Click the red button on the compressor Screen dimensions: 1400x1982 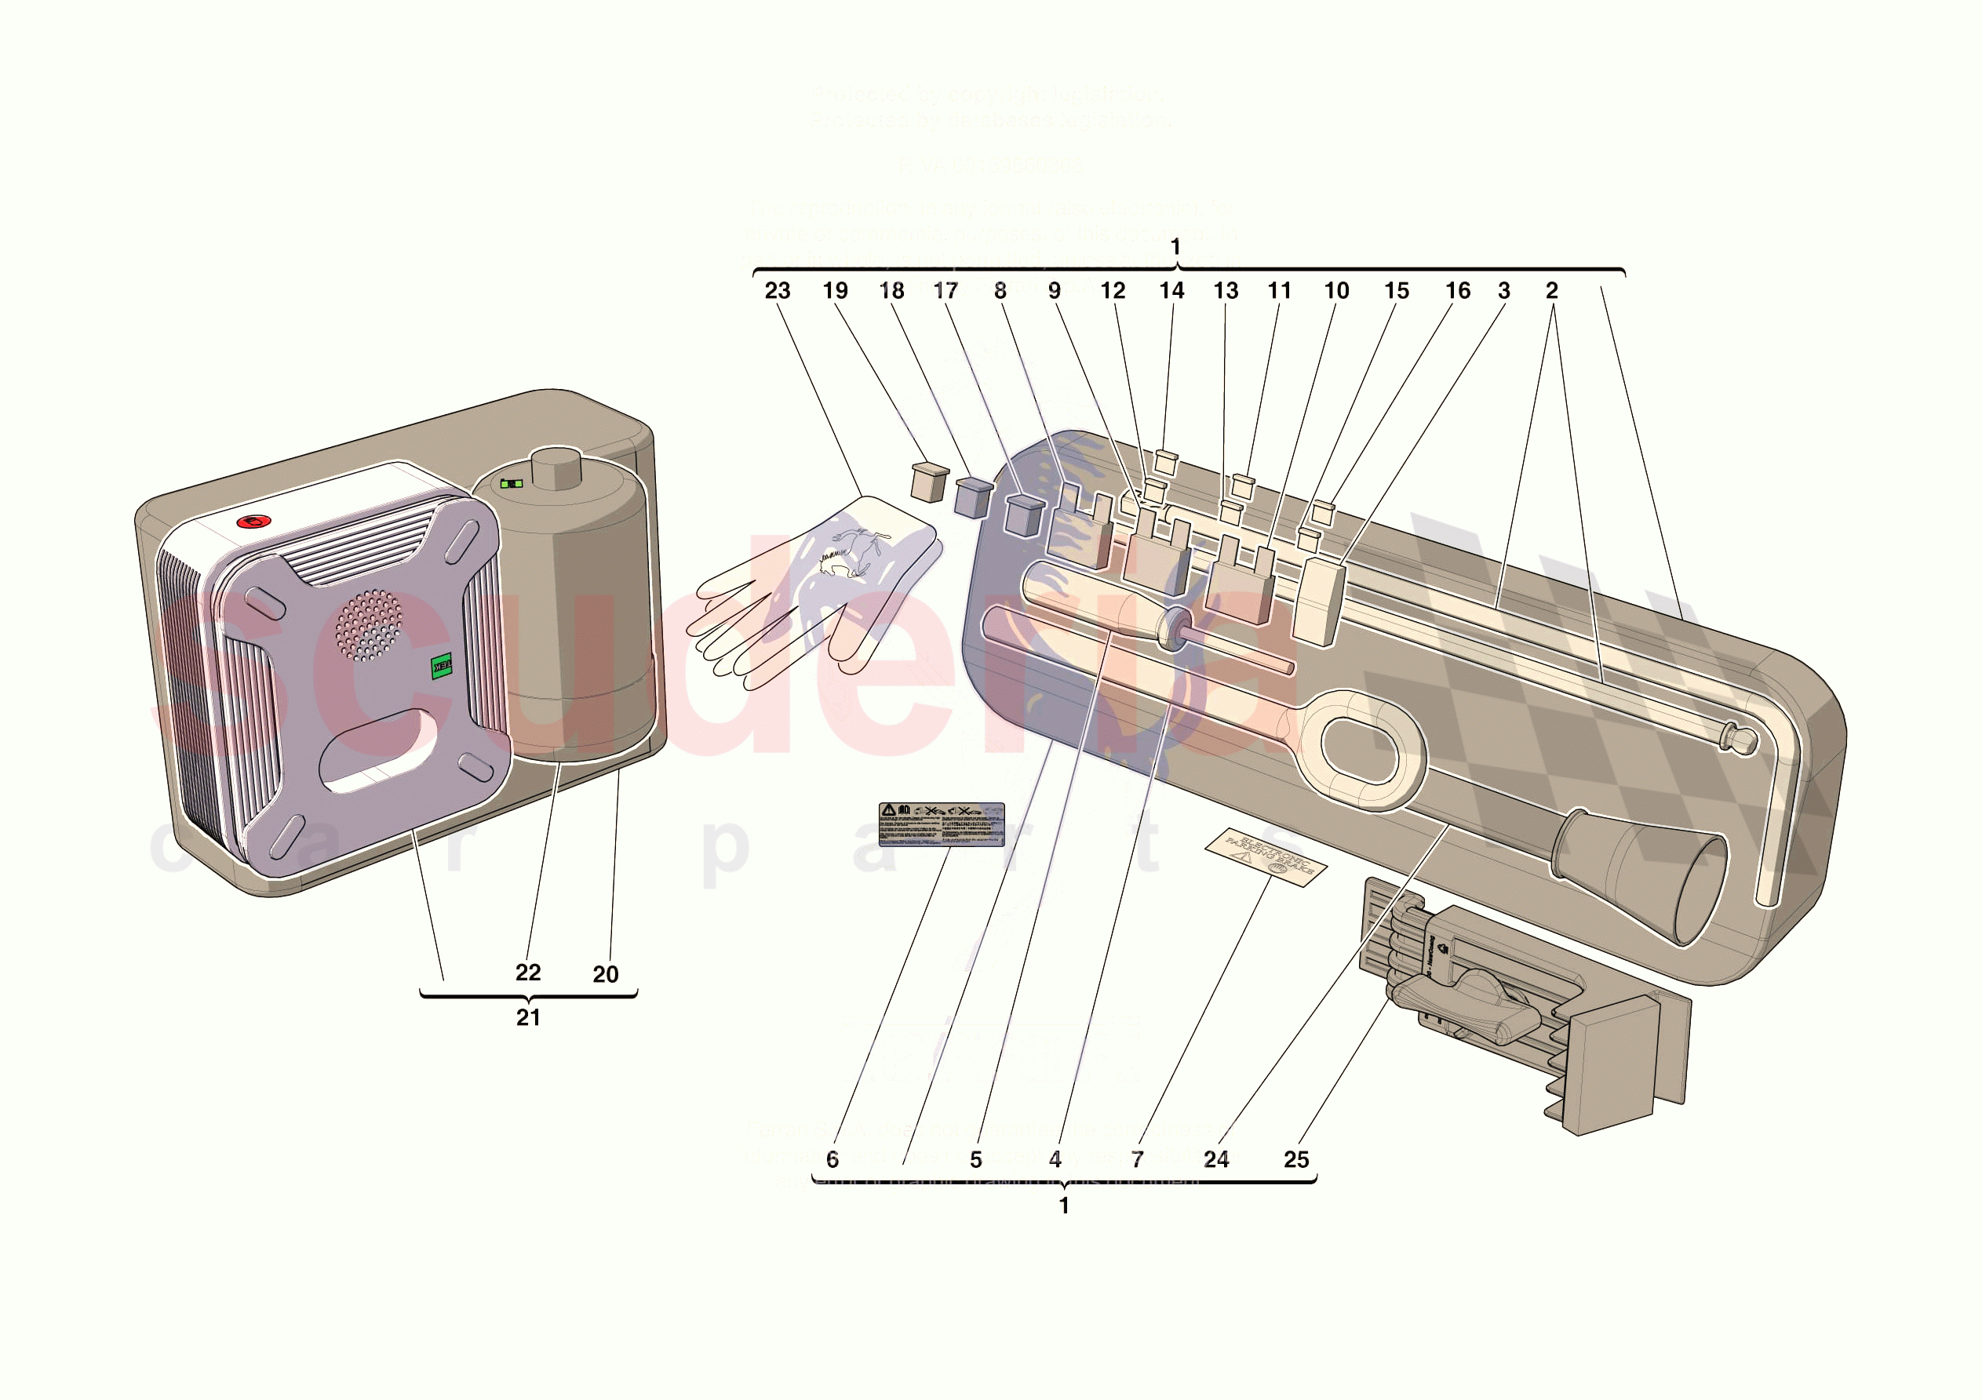pyautogui.click(x=253, y=522)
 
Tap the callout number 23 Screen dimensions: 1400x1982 pyautogui.click(x=777, y=291)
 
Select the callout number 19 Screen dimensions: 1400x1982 pyautogui.click(x=835, y=291)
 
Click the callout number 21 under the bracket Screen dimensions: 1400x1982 pyautogui.click(x=528, y=1017)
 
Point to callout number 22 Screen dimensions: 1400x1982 pyautogui.click(x=528, y=973)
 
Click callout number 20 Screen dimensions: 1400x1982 pyautogui.click(x=605, y=974)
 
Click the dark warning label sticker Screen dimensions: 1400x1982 pyautogui.click(x=941, y=824)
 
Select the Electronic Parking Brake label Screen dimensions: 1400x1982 pyautogui.click(x=1266, y=857)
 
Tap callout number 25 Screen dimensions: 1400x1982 pyautogui.click(x=1295, y=1159)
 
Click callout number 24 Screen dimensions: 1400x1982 pyautogui.click(x=1216, y=1159)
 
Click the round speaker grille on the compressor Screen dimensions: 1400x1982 pyautogui.click(x=369, y=625)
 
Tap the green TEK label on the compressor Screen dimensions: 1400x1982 pyautogui.click(x=441, y=665)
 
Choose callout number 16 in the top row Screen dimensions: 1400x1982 pyautogui.click(x=1458, y=291)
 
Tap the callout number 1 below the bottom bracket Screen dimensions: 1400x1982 pyautogui.click(x=1065, y=1205)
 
